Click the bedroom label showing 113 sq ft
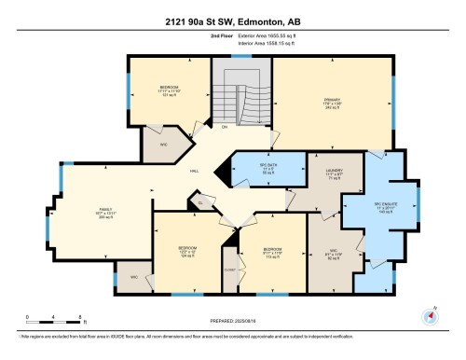coord(272,252)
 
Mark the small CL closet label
coord(199,201)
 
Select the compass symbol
coord(431,312)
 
